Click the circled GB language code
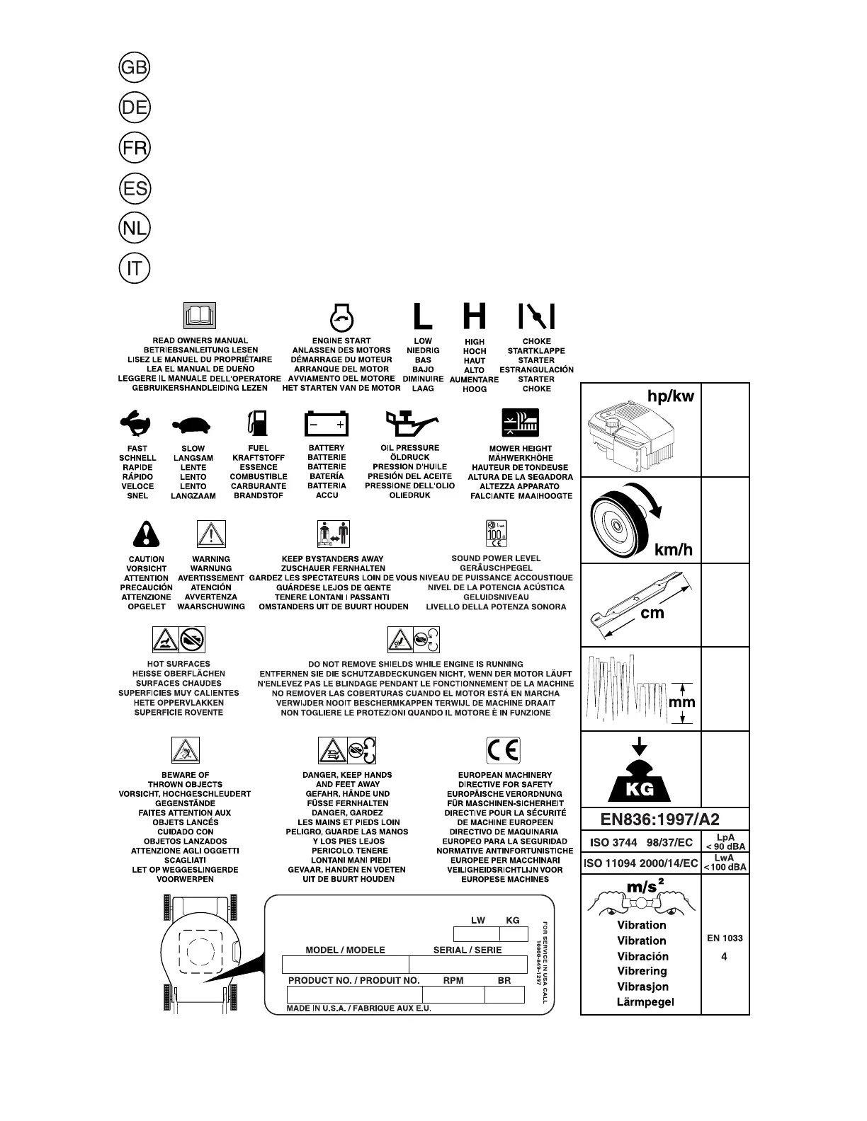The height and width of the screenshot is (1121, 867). pyautogui.click(x=134, y=67)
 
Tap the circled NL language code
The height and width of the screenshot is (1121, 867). pyautogui.click(x=134, y=229)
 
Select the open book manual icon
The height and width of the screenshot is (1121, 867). pyautogui.click(x=200, y=316)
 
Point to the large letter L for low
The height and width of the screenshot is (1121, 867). pyautogui.click(x=422, y=316)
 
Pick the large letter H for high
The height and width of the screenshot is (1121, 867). pyautogui.click(x=475, y=316)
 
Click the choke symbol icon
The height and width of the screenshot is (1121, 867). pyautogui.click(x=536, y=316)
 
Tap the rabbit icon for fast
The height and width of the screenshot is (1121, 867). pyautogui.click(x=137, y=424)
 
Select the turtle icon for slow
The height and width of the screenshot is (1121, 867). pyautogui.click(x=192, y=425)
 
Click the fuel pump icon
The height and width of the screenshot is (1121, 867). pyautogui.click(x=258, y=422)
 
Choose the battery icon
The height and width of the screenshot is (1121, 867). pyautogui.click(x=327, y=423)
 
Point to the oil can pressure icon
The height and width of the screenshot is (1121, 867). pyautogui.click(x=409, y=423)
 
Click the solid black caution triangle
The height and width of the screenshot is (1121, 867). pyautogui.click(x=146, y=534)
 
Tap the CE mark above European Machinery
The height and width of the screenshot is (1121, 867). pyautogui.click(x=503, y=750)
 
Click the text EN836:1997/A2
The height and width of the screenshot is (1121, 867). pyautogui.click(x=660, y=820)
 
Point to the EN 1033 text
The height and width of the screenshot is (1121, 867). pyautogui.click(x=725, y=938)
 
